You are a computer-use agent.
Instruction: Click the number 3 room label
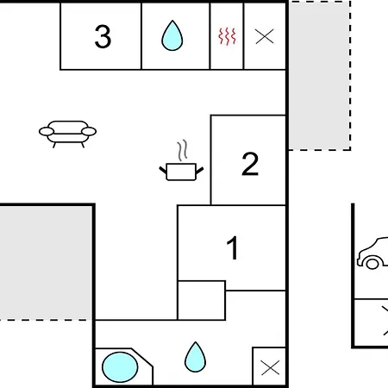pyautogui.click(x=103, y=36)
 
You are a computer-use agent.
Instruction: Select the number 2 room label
pyautogui.click(x=250, y=164)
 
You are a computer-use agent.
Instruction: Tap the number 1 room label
pyautogui.click(x=233, y=247)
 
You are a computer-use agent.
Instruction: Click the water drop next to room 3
pyautogui.click(x=172, y=35)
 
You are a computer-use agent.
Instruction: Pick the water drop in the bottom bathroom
pyautogui.click(x=195, y=357)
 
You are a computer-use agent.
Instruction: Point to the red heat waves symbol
pyautogui.click(x=227, y=36)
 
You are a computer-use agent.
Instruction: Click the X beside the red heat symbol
pyautogui.click(x=265, y=36)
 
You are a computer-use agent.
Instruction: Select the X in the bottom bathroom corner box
pyautogui.click(x=270, y=367)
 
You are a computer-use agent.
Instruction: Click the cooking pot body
pyautogui.click(x=181, y=172)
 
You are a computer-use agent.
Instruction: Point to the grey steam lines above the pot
pyautogui.click(x=182, y=150)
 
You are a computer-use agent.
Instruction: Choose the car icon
pyautogui.click(x=372, y=253)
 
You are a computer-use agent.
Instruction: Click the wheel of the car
pyautogui.click(x=372, y=264)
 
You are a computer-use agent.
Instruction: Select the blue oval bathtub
pyautogui.click(x=120, y=367)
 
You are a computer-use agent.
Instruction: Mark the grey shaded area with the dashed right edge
pyautogui.click(x=319, y=76)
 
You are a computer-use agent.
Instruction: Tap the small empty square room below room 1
pyautogui.click(x=202, y=300)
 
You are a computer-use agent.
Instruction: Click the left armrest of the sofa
pyautogui.click(x=47, y=132)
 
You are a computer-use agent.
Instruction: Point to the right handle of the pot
pyautogui.click(x=200, y=170)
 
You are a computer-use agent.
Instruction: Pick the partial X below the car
pyautogui.click(x=385, y=321)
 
